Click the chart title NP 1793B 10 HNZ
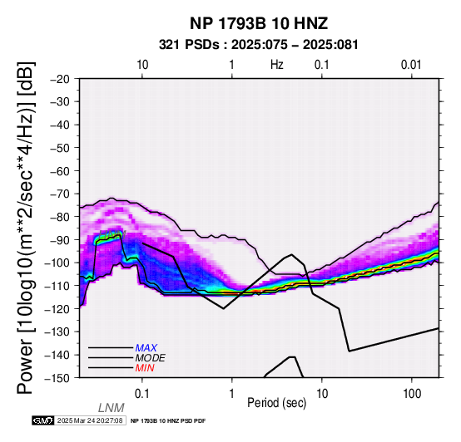pos(259,23)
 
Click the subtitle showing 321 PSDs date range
pos(259,45)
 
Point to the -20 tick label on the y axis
pos(60,79)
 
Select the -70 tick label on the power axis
pos(60,194)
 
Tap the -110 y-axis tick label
pos(57,286)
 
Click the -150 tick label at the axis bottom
pos(57,378)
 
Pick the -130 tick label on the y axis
pos(57,331)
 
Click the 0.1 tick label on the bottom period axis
pos(142,394)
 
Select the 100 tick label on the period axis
pos(412,394)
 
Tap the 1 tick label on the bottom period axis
pos(232,394)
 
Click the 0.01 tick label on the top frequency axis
pos(411,65)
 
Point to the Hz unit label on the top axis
pos(277,65)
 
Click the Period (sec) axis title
pos(277,403)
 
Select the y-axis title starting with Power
pos(25,228)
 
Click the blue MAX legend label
pos(146,348)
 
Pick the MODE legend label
pos(151,358)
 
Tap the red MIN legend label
pos(145,368)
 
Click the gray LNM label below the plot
pos(112,408)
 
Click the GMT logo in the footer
pos(43,420)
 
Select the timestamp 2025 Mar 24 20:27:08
pos(90,420)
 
